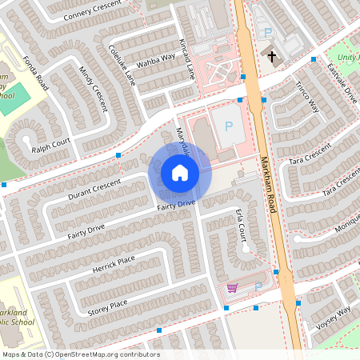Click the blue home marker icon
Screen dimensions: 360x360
(x=180, y=173)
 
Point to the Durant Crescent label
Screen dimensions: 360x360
(x=94, y=190)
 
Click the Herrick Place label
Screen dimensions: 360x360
(x=114, y=264)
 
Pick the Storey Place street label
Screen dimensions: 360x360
(x=106, y=304)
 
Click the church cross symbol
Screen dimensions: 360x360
(x=272, y=56)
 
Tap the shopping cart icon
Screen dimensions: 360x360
(x=233, y=287)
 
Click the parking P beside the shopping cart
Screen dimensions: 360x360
(x=258, y=286)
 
